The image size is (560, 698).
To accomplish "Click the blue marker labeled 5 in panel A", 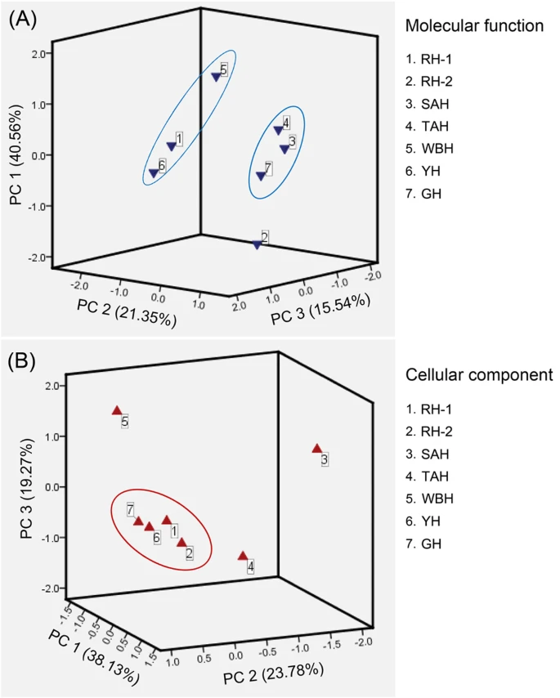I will tap(216, 78).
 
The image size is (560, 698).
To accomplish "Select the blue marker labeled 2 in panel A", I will tap(258, 244).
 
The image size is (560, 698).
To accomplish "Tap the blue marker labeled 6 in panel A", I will tap(154, 173).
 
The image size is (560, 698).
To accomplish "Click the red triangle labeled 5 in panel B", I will tap(117, 410).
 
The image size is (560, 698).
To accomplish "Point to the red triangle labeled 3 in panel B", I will tap(317, 449).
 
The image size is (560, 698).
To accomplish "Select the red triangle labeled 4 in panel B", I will tap(243, 556).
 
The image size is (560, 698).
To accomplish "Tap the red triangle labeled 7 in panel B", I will tap(138, 521).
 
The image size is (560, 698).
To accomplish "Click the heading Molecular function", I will tap(474, 26).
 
